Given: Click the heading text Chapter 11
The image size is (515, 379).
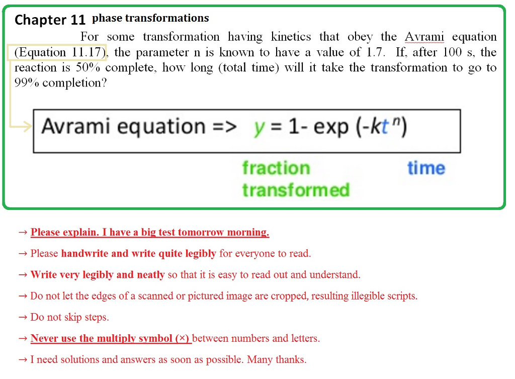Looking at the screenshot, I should coord(50,20).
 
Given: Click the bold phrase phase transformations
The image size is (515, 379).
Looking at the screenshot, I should coord(150,19).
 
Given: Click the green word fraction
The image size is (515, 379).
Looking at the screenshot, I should coord(276,168).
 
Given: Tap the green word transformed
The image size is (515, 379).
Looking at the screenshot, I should coord(295,190).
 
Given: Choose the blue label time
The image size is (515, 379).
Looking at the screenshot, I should coord(426,168).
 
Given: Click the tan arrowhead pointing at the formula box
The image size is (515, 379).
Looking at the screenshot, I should coord(27,127).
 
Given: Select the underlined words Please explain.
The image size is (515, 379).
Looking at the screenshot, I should coord(64,233).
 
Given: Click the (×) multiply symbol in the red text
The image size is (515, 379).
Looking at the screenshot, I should coord(182,338).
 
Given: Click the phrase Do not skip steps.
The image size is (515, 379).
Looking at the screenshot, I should coord(69,317).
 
